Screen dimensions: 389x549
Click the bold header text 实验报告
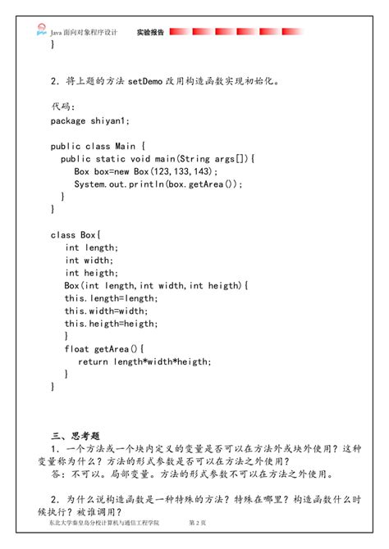click(150, 33)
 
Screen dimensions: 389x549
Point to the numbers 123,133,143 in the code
click(188, 171)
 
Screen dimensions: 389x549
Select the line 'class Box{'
click(75, 235)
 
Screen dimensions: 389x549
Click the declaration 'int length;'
click(92, 247)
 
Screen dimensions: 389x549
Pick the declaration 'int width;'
click(89, 261)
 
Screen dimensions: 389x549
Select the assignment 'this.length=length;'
click(111, 298)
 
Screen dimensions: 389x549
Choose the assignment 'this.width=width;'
click(106, 311)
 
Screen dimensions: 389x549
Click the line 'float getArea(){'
click(103, 349)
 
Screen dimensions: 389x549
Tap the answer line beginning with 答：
click(190, 474)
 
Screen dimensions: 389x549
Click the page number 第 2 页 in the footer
click(198, 522)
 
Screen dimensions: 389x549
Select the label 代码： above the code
click(62, 107)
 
